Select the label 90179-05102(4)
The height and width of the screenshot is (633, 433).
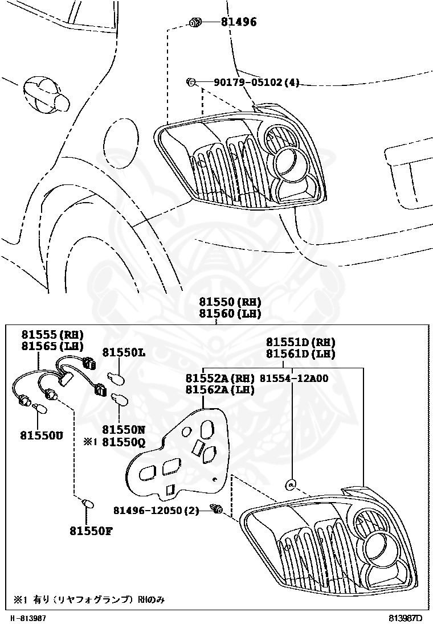coord(256,83)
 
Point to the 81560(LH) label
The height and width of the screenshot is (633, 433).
coord(230,313)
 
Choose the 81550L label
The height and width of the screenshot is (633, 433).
coord(124,353)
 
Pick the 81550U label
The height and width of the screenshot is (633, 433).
coord(43,435)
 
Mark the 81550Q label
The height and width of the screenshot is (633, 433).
coord(124,441)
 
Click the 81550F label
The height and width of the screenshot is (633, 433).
coord(91,531)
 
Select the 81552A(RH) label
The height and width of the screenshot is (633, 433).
coord(219,378)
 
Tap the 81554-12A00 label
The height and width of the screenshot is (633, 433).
coord(294,378)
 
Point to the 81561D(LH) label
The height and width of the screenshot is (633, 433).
coord(301,354)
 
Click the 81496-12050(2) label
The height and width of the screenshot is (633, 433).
coord(156,511)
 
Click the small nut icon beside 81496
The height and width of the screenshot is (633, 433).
coord(195,23)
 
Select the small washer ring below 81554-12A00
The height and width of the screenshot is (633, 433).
coord(291,485)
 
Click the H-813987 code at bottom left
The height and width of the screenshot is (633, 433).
coord(28,618)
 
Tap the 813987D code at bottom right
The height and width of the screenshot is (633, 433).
coord(406,618)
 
